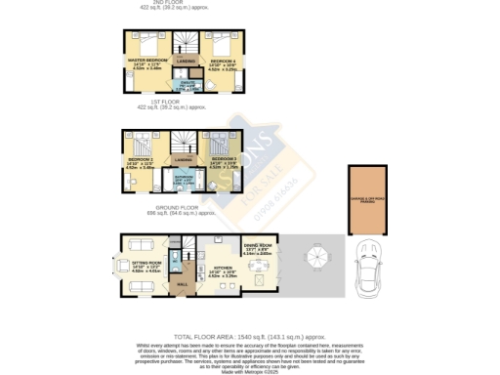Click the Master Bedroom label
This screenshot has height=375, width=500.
click(x=145, y=61)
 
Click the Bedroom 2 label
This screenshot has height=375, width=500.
click(x=141, y=159)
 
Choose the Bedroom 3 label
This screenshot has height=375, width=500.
click(x=225, y=157)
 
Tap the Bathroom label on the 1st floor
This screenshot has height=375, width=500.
click(x=184, y=178)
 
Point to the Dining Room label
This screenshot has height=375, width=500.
click(x=257, y=248)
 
